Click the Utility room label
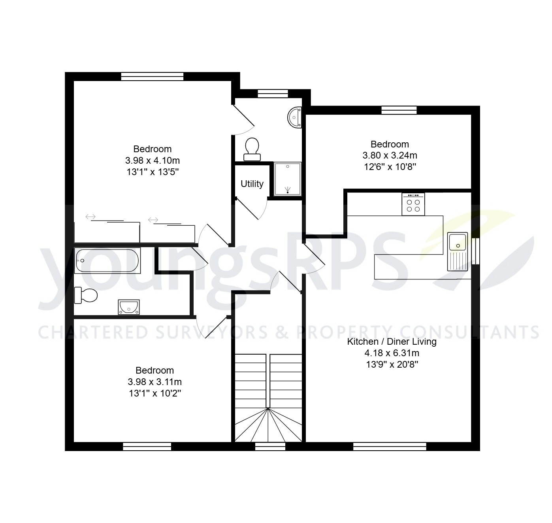tap(252, 184)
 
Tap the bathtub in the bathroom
tap(107, 261)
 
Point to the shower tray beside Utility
tap(287, 179)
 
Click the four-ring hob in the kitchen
tap(413, 204)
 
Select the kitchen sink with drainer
tap(458, 251)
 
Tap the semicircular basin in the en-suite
tap(295, 117)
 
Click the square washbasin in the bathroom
tap(129, 307)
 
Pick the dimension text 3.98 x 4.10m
tap(153, 160)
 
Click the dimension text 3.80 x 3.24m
tap(390, 155)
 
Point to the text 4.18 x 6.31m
tap(392, 353)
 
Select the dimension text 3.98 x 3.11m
tap(154, 382)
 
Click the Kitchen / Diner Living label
tap(392, 342)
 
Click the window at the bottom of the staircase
tap(270, 446)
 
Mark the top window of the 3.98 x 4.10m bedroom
tap(152, 76)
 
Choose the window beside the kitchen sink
tap(475, 251)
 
